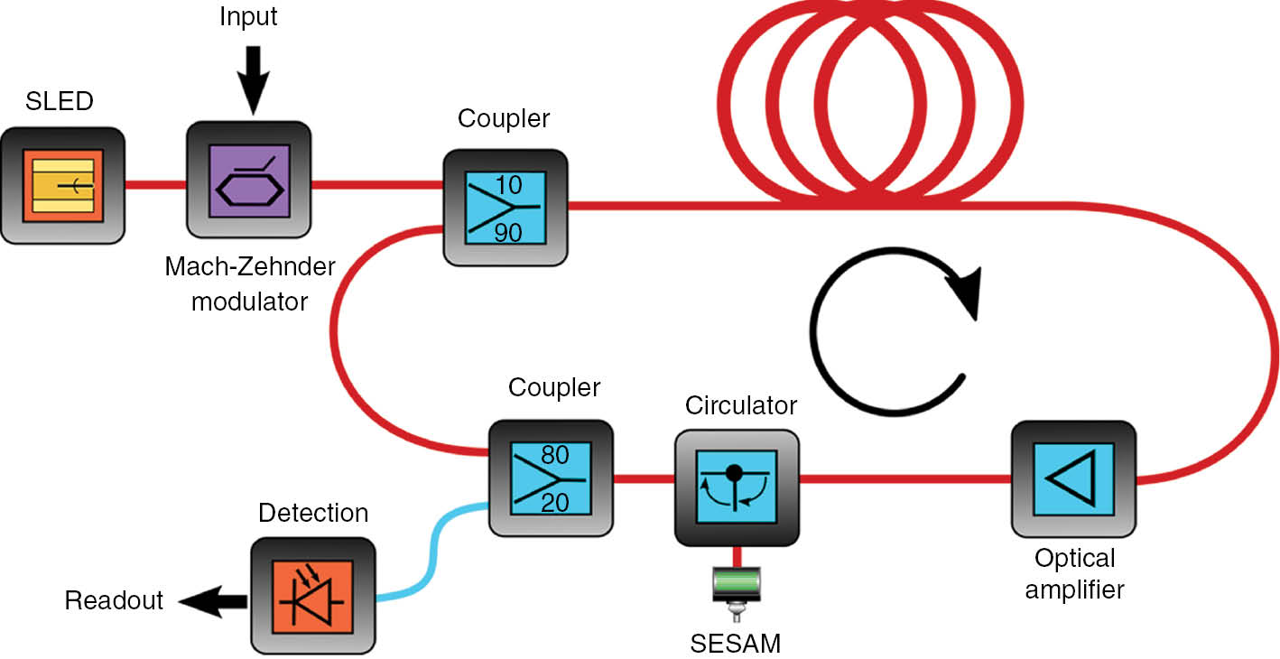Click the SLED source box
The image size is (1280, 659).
(x=62, y=185)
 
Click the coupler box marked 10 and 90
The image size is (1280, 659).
(x=506, y=208)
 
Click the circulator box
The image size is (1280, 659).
(x=737, y=487)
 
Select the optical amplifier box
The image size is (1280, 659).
(x=1072, y=478)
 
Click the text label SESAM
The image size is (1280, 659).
(x=736, y=643)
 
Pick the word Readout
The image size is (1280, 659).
(x=114, y=600)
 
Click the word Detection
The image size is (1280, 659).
(x=313, y=514)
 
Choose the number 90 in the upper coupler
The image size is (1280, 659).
(x=507, y=233)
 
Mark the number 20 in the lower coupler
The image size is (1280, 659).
(x=555, y=502)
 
